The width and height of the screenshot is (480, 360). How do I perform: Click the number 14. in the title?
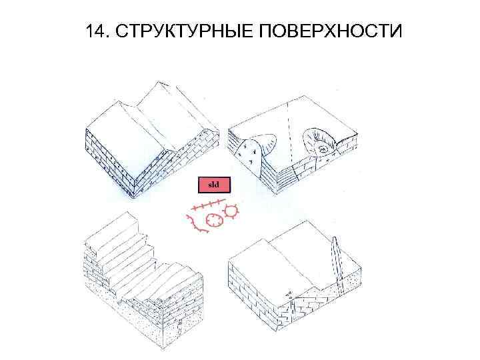97,31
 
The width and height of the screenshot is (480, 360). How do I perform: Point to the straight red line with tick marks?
205,204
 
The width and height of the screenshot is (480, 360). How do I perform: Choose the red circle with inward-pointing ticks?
215,220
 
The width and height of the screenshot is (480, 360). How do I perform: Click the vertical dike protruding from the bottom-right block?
338,263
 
